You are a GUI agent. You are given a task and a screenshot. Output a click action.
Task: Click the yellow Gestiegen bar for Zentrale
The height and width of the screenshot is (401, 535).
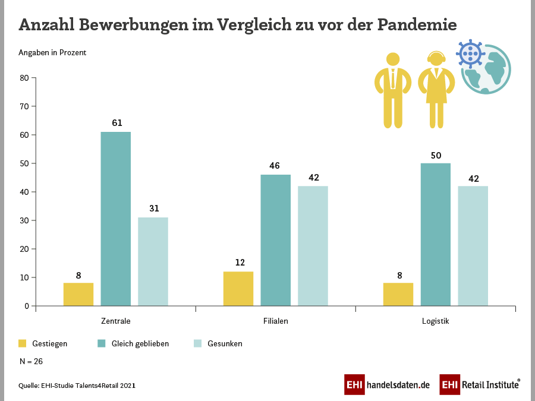pyautogui.click(x=78, y=295)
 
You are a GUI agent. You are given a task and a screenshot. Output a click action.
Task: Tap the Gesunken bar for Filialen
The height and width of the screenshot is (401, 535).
pyautogui.click(x=313, y=246)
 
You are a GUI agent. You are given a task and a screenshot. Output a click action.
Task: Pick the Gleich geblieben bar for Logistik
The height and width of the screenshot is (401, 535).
pyautogui.click(x=436, y=235)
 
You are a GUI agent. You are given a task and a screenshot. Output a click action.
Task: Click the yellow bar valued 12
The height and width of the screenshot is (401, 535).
pyautogui.click(x=238, y=289)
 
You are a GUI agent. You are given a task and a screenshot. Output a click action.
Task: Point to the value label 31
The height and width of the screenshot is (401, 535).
pyautogui.click(x=153, y=209)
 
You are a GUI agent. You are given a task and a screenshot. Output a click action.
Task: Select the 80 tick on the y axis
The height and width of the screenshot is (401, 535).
pyautogui.click(x=24, y=78)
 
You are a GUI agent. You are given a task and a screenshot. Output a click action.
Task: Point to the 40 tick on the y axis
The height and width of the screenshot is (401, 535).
pyautogui.click(x=24, y=192)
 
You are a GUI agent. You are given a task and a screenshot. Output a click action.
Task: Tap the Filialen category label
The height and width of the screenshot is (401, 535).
pyautogui.click(x=276, y=321)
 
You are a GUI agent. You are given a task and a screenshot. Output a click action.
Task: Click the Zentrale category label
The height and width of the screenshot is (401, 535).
pyautogui.click(x=116, y=321)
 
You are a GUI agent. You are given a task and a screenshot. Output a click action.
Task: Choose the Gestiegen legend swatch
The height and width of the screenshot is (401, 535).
pyautogui.click(x=23, y=343)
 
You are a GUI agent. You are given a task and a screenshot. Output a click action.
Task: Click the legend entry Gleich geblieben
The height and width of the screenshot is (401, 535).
pyautogui.click(x=140, y=343)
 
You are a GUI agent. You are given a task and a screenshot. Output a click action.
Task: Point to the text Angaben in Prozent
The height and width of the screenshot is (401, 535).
pyautogui.click(x=52, y=52)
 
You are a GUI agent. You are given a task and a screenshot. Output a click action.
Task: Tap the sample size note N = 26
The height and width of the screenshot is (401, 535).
pyautogui.click(x=31, y=361)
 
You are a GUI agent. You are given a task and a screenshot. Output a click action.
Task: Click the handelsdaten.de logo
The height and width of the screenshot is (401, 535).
pyautogui.click(x=387, y=384)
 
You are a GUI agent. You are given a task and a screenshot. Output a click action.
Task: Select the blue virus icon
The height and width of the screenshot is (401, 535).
pyautogui.click(x=470, y=54)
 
